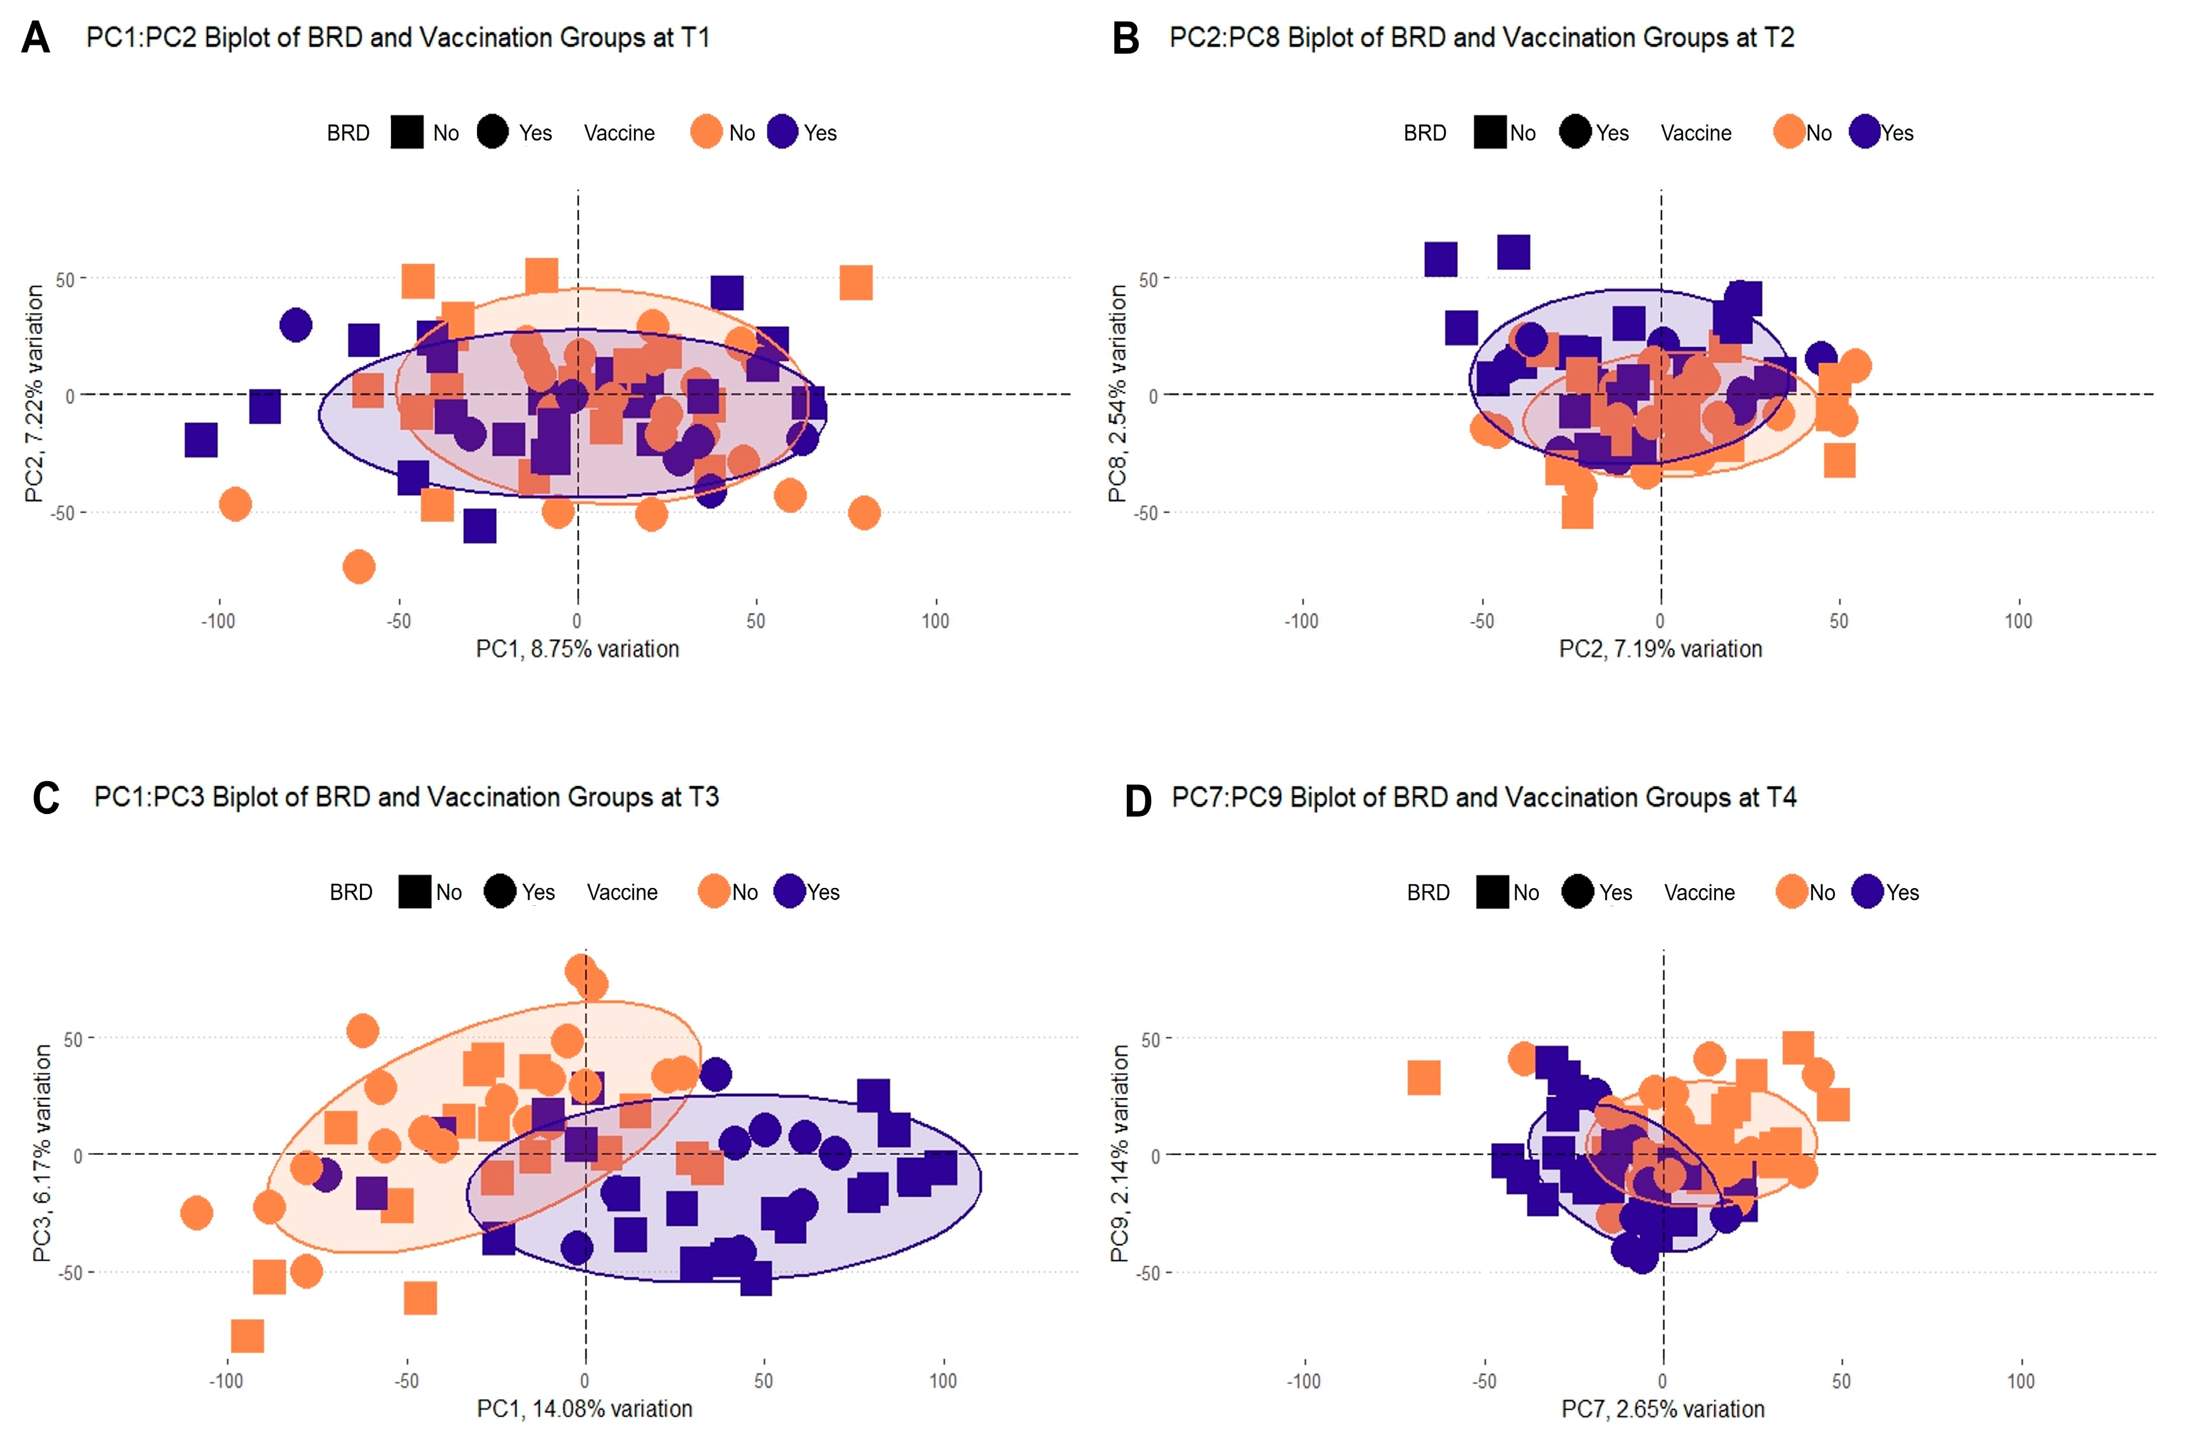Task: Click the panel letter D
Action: (1138, 800)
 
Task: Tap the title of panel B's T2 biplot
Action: (1481, 38)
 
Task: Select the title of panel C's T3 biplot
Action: (406, 797)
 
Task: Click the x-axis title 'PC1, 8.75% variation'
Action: (577, 649)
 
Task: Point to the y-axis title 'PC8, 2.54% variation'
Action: (1117, 393)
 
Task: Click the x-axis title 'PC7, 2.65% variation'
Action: (1662, 1409)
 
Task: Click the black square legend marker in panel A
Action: (406, 132)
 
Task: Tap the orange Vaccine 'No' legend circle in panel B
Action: (1789, 132)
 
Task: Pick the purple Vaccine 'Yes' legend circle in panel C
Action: (790, 891)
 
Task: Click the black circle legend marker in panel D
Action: (1577, 891)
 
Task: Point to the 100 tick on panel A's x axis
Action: (935, 621)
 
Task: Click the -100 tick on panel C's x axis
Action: (226, 1380)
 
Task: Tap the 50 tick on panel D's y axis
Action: (1149, 1039)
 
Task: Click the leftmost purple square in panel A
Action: (201, 440)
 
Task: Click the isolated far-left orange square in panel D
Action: (1423, 1078)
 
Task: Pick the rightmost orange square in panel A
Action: (856, 283)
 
